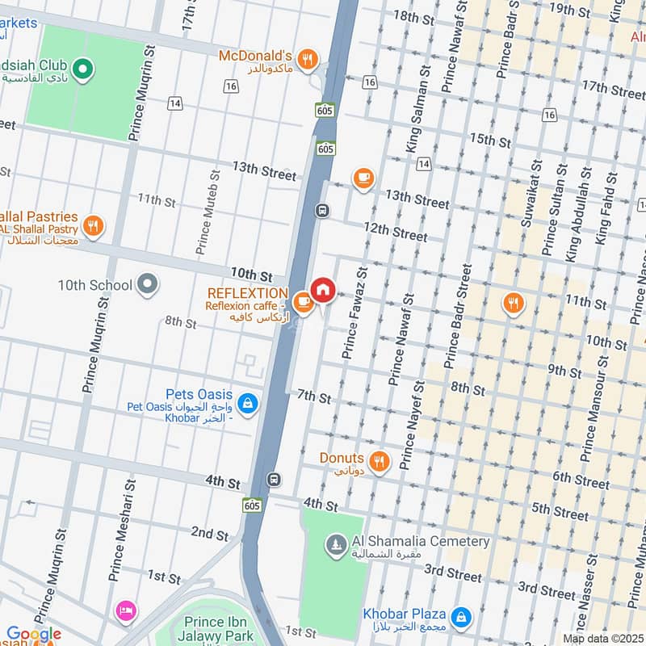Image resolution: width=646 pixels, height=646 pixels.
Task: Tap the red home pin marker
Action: click(323, 290)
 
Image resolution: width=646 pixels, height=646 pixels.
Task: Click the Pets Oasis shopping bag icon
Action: click(249, 401)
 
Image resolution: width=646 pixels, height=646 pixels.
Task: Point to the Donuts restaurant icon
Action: click(380, 461)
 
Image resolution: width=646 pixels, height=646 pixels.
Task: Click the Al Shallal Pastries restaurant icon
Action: click(94, 227)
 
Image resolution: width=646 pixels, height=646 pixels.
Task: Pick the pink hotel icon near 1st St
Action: click(125, 609)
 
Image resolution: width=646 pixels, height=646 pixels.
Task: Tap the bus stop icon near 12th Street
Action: click(322, 211)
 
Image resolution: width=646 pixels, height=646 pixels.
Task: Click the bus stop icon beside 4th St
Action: click(275, 479)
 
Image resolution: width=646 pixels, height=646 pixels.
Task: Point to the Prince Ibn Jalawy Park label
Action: click(220, 627)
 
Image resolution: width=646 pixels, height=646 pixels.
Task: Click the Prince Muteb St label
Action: click(208, 210)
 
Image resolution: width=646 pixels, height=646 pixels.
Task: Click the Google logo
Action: click(33, 635)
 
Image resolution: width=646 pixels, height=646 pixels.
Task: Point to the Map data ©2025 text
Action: click(602, 639)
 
